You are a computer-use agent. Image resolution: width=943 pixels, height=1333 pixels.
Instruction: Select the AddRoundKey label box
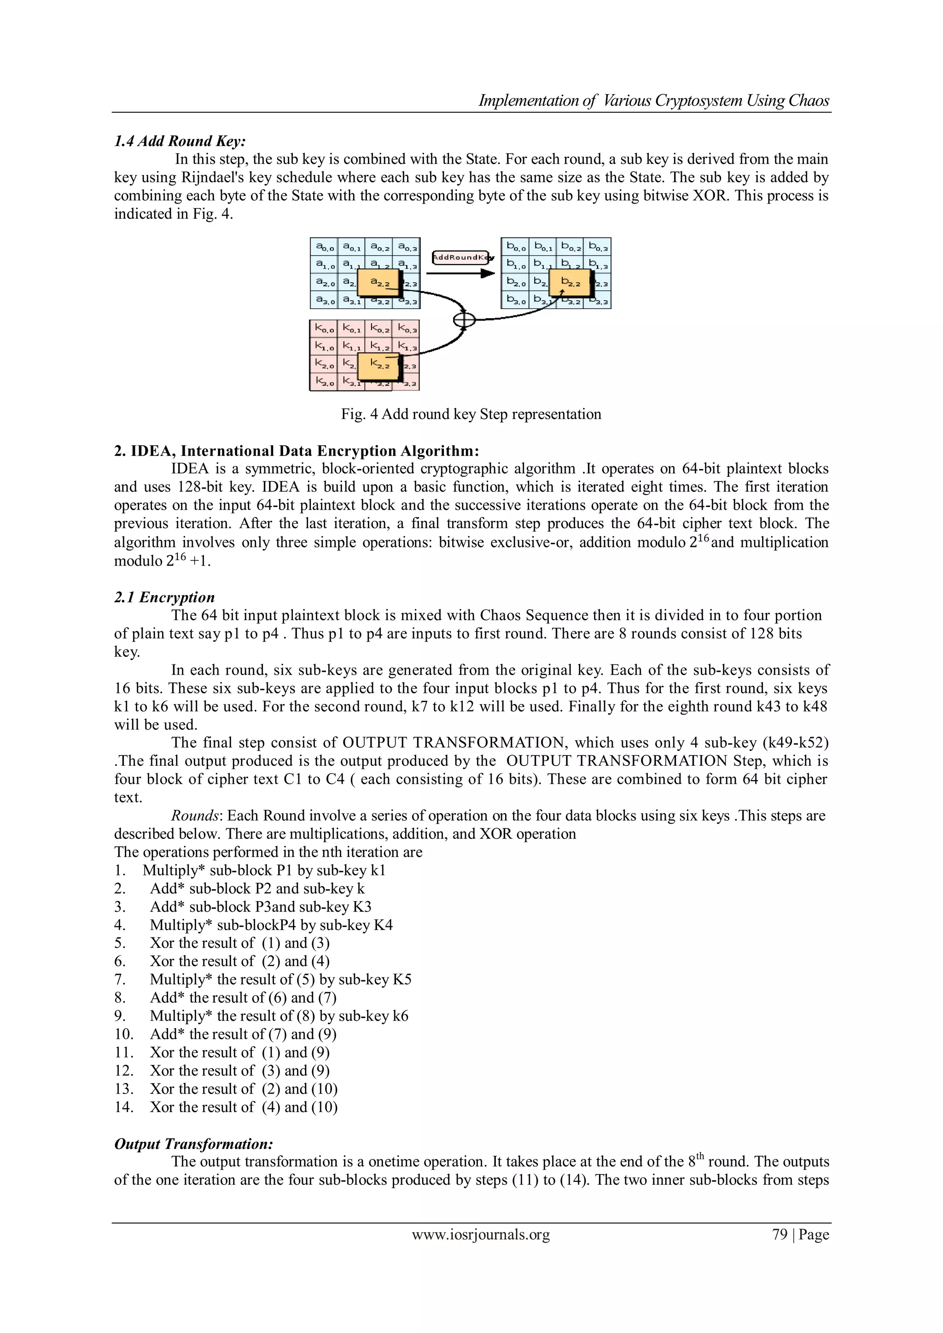pos(462,257)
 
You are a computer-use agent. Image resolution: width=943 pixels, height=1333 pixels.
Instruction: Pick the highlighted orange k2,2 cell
pos(378,365)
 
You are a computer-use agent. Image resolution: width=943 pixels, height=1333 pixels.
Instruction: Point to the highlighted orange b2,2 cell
pos(570,283)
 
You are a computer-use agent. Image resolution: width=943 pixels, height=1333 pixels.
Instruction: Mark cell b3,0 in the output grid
pos(515,300)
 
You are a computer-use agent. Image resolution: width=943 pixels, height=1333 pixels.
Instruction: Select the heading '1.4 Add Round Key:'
pos(180,141)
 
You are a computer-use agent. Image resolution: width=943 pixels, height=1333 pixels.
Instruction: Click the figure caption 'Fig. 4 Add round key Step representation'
pos(471,414)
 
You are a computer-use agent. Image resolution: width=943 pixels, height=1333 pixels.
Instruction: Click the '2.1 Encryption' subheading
pos(164,597)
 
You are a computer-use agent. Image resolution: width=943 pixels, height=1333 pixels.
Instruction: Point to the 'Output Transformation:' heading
pos(193,1144)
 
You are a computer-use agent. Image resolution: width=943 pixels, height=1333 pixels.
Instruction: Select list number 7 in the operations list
pos(120,979)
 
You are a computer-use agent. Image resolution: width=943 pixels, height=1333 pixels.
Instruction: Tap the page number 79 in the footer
pos(779,1234)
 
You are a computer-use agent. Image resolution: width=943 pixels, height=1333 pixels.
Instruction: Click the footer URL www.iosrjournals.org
pos(481,1235)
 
